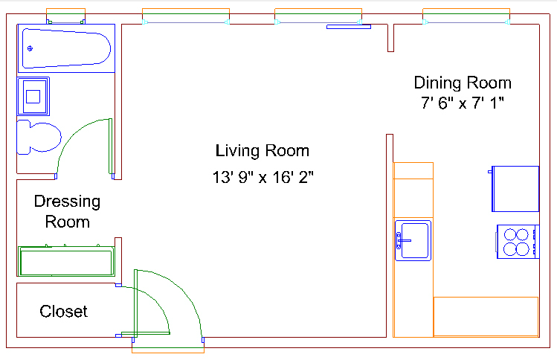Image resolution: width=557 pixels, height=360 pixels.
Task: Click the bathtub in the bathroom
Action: pyautogui.click(x=66, y=48)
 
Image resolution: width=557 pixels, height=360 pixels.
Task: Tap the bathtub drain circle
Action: pyautogui.click(x=30, y=48)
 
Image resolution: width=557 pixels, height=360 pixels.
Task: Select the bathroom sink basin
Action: pyautogui.click(x=33, y=96)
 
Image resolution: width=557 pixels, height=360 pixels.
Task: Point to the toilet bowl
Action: pyautogui.click(x=45, y=137)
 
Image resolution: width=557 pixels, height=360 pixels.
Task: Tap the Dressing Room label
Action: pyautogui.click(x=67, y=211)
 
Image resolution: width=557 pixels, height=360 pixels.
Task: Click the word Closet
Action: pyautogui.click(x=64, y=312)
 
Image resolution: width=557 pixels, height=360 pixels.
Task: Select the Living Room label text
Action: pyautogui.click(x=263, y=151)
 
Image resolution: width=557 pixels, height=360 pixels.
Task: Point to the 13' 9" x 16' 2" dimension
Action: pyautogui.click(x=263, y=177)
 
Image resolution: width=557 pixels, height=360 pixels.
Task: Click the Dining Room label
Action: pyautogui.click(x=463, y=83)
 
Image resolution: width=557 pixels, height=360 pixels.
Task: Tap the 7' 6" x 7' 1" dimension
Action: pyautogui.click(x=463, y=103)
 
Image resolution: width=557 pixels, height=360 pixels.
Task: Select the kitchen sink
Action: pyautogui.click(x=413, y=240)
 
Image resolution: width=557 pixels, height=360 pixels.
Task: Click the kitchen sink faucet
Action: pyautogui.click(x=402, y=240)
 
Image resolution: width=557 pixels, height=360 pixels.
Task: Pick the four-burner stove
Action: pyautogui.click(x=518, y=242)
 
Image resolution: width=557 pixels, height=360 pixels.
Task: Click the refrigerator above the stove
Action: pyautogui.click(x=515, y=189)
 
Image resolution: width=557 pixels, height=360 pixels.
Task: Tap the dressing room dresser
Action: pyautogui.click(x=66, y=261)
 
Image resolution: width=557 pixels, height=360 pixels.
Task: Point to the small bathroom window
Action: pyautogui.click(x=65, y=16)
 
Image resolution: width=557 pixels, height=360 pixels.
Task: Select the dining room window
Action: pyautogui.click(x=466, y=16)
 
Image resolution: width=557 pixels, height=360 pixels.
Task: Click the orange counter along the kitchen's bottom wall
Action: pyautogui.click(x=486, y=317)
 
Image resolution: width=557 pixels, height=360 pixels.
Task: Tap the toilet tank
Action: pyautogui.click(x=24, y=137)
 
